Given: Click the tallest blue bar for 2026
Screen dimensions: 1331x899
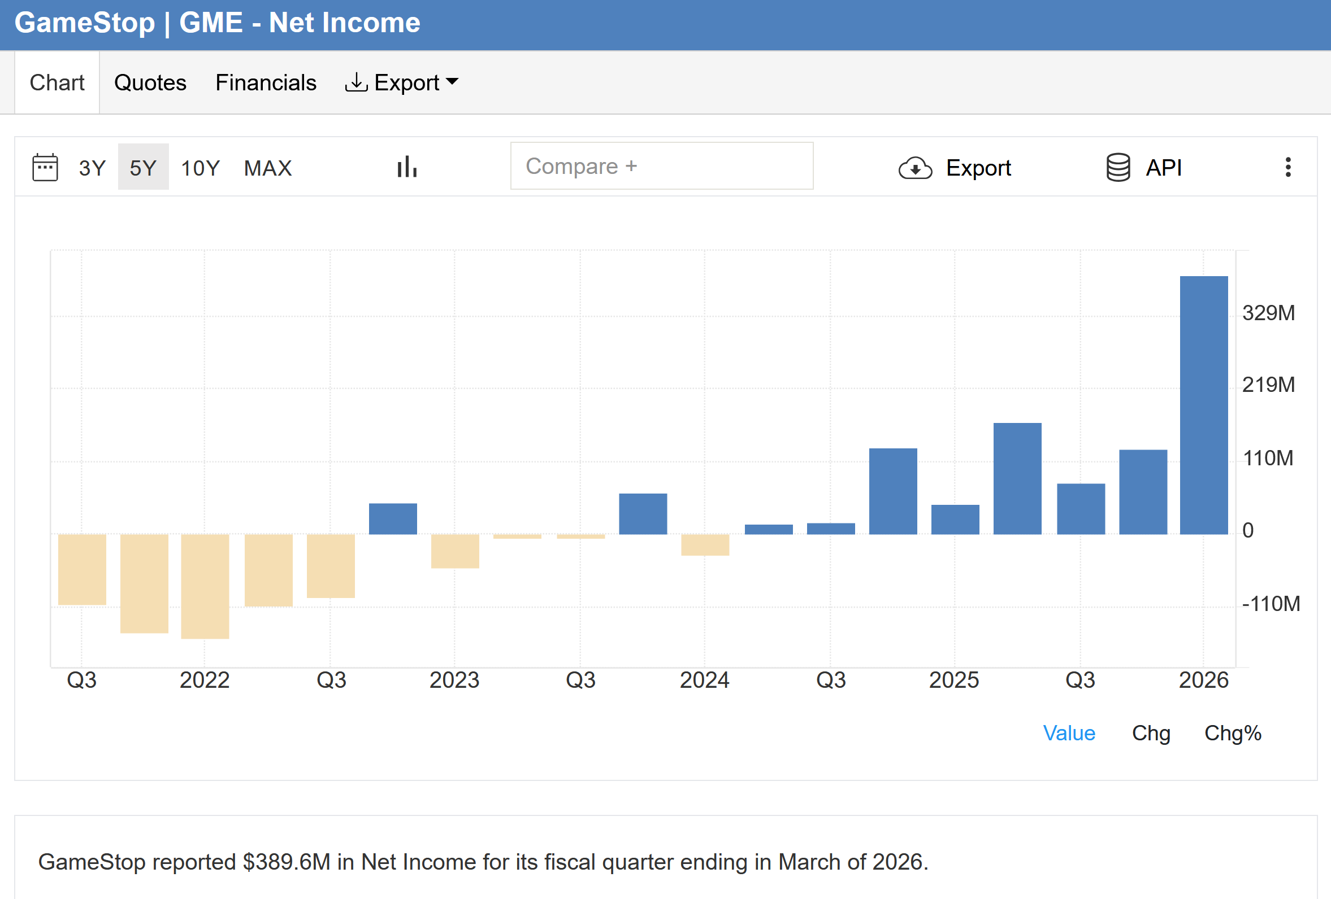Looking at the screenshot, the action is [1204, 405].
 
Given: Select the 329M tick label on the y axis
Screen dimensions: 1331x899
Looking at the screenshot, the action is [1268, 313].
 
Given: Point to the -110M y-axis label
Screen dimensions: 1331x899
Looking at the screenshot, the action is [1271, 604].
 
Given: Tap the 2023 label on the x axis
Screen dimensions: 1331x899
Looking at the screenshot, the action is [454, 680].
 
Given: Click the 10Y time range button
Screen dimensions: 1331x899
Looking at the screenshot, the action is [201, 168].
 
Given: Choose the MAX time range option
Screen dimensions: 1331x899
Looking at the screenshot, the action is [268, 168].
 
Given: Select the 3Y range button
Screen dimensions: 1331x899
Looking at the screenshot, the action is [92, 168].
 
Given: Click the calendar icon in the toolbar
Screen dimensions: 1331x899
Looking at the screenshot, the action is [45, 167].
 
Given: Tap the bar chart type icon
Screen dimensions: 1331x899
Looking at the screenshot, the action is [407, 167].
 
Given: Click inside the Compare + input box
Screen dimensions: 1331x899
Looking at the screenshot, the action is [661, 166].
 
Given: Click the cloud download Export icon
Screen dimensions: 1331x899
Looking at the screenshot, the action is [915, 168].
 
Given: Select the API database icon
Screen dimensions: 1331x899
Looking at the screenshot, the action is [1118, 167].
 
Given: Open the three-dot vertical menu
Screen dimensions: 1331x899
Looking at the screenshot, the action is [1288, 167].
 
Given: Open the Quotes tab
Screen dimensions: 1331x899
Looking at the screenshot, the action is [150, 83].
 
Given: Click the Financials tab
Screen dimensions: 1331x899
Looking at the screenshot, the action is [266, 83].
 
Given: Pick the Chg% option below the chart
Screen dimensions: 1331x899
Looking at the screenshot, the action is [1233, 733].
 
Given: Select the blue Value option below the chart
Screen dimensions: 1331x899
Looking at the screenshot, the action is [1069, 733].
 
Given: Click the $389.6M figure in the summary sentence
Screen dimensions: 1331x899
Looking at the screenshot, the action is [287, 862].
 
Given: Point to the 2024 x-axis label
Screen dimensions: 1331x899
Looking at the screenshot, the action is [704, 680].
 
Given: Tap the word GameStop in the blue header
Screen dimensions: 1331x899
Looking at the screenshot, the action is [85, 23].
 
